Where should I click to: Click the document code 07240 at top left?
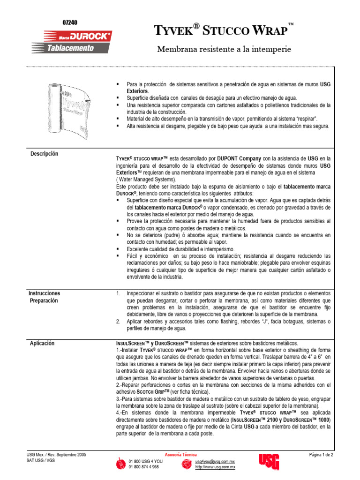70,22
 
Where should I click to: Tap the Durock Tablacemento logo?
71,41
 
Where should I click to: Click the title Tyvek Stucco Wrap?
221,31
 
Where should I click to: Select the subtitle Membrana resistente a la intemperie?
224,49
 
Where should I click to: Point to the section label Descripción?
45,153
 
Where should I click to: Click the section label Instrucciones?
45,293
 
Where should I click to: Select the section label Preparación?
45,300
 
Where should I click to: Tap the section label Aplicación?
43,343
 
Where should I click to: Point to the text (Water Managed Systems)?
146,180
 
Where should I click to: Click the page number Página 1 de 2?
321,455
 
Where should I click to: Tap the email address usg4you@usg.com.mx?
215,462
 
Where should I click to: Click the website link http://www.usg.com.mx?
215,467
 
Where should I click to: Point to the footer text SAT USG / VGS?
41,461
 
